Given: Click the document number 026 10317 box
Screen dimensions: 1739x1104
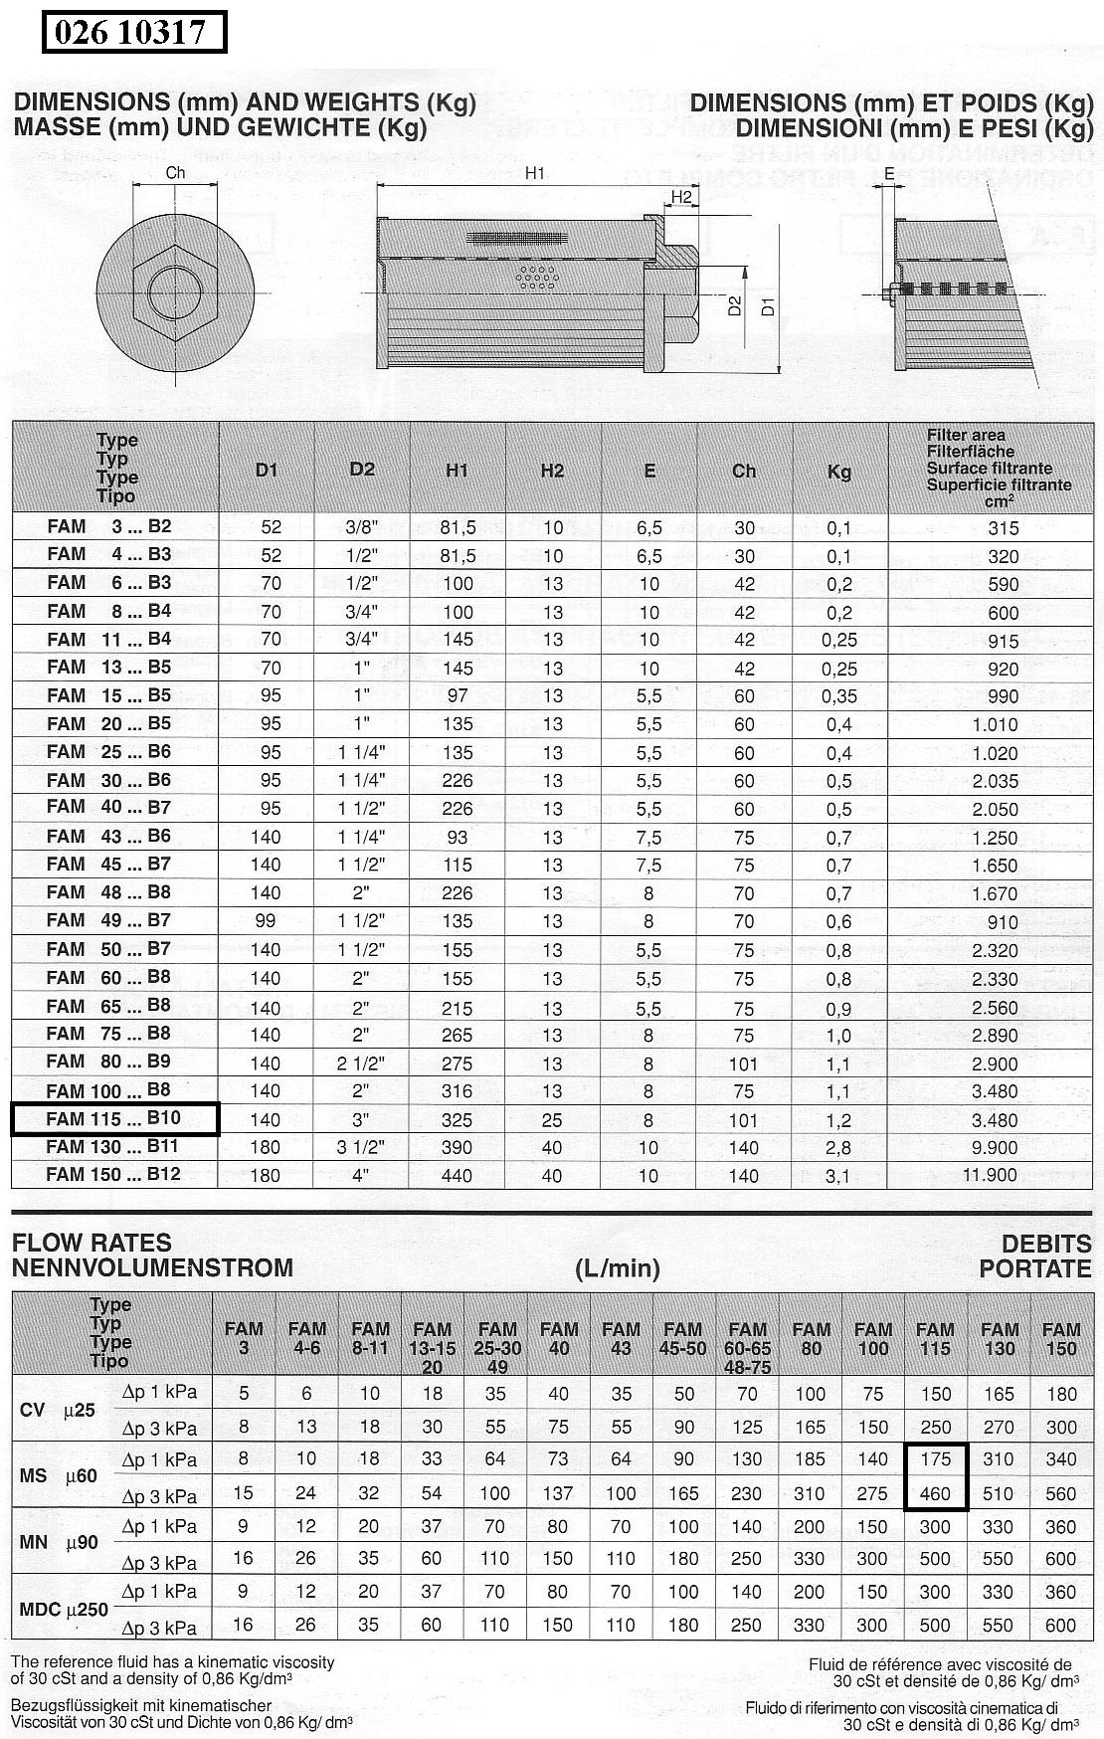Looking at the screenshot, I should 134,32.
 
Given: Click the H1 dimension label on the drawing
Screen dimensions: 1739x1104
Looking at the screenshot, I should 535,173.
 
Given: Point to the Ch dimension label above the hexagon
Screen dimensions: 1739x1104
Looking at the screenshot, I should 175,173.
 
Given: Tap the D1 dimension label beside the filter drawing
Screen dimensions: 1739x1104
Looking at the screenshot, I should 768,306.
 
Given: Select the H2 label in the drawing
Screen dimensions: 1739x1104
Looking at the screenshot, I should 681,197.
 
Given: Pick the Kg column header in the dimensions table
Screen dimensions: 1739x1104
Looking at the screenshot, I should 839,472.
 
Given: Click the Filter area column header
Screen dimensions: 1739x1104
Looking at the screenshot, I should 998,465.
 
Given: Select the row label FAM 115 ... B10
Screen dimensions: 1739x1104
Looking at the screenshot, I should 114,1119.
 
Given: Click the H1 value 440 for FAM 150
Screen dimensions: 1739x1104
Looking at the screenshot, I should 457,1175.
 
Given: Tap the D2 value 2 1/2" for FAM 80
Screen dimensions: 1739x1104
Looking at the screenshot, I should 361,1063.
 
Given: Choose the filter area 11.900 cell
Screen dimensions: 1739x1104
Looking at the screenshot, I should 990,1175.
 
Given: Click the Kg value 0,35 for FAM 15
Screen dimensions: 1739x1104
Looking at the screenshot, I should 839,695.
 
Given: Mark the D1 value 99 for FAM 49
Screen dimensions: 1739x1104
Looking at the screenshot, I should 266,920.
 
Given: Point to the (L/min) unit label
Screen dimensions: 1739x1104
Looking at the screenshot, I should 618,1268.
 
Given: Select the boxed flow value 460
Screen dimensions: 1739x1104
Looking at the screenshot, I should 935,1493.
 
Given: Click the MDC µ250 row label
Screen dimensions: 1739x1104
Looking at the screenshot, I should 63,1609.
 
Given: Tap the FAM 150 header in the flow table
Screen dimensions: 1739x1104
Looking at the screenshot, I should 1061,1338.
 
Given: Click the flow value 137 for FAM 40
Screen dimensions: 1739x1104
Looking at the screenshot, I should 558,1493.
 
